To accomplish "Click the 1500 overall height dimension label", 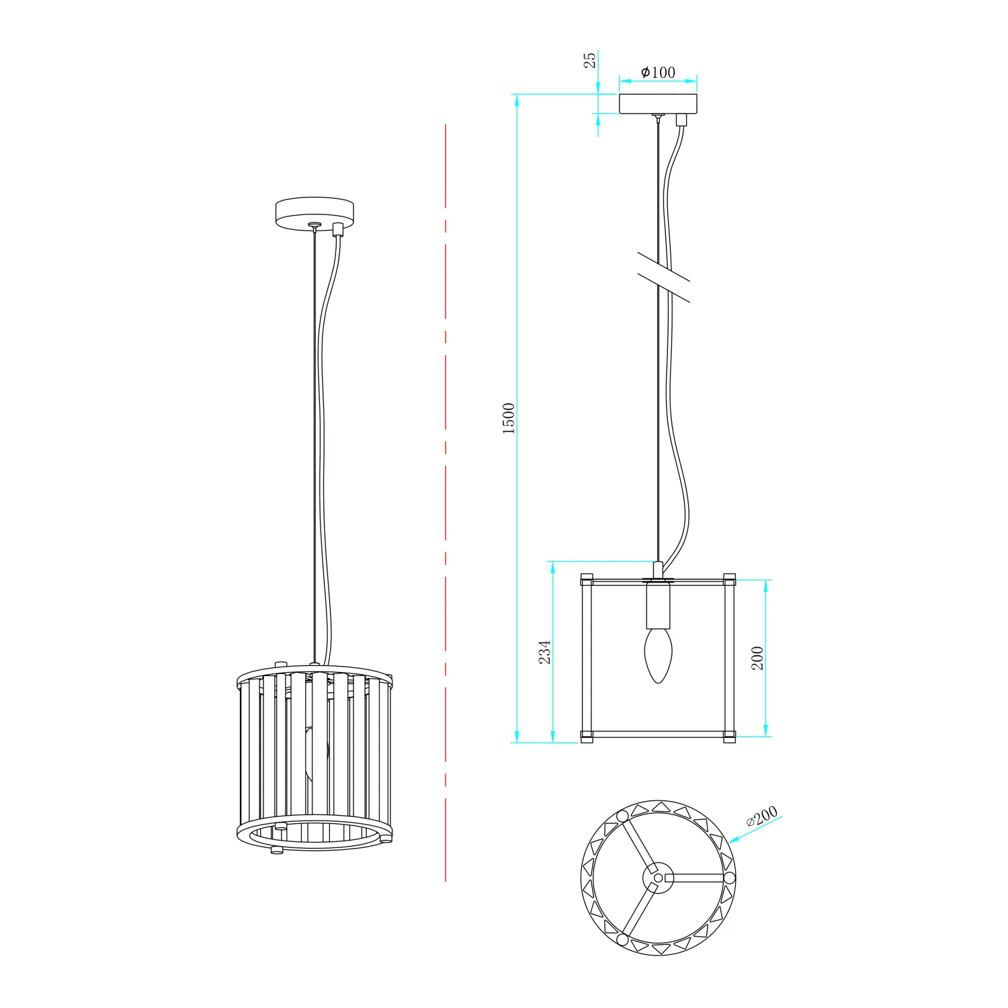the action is click(509, 419).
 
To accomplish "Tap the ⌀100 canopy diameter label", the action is click(658, 72).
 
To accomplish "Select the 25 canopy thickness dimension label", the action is click(589, 60).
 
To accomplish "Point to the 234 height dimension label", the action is click(545, 652).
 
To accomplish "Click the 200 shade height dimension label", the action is click(757, 658).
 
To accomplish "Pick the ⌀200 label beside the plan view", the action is click(762, 816).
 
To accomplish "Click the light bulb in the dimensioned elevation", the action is click(658, 656).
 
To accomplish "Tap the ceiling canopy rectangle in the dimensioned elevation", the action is click(658, 103).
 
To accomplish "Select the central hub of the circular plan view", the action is click(658, 878).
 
